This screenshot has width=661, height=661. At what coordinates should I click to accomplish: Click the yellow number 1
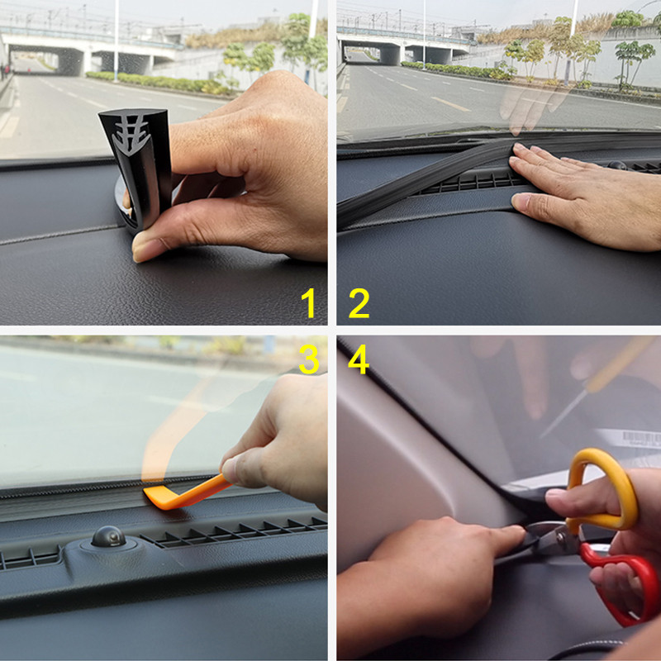[309, 304]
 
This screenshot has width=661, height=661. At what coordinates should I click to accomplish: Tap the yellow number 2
[359, 304]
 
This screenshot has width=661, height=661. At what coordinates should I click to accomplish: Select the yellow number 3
[308, 359]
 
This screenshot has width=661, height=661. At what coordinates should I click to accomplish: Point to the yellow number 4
[359, 359]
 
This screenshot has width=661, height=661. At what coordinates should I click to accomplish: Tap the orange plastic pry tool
[178, 494]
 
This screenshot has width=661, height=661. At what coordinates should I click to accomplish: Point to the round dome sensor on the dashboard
[108, 536]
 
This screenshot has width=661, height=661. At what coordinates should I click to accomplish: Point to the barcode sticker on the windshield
[640, 439]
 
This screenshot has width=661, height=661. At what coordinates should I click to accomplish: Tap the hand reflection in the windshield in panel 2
[529, 103]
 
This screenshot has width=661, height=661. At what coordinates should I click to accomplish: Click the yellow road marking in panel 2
[451, 103]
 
